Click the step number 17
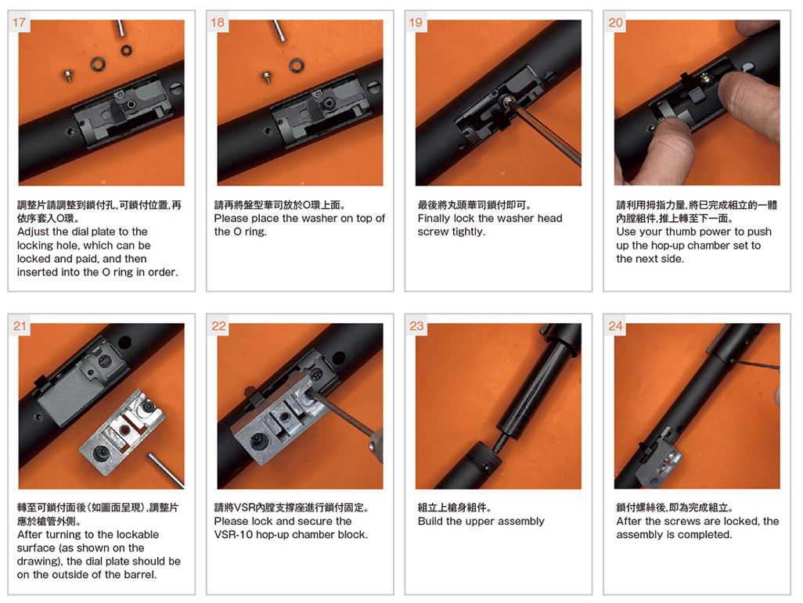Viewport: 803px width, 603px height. click(x=19, y=23)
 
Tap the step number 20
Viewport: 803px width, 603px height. click(x=615, y=23)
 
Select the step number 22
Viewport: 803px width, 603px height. click(x=218, y=326)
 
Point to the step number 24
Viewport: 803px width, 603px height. click(x=615, y=326)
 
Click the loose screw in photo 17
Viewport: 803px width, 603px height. click(x=67, y=75)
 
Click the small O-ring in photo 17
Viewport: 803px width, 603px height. click(x=126, y=50)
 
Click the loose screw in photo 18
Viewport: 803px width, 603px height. click(x=266, y=76)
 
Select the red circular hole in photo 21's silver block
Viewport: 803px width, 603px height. click(x=124, y=430)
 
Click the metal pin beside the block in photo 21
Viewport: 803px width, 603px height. click(x=166, y=469)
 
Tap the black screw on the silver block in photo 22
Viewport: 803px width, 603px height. click(x=256, y=442)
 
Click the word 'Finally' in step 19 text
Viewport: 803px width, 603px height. click(x=434, y=218)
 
